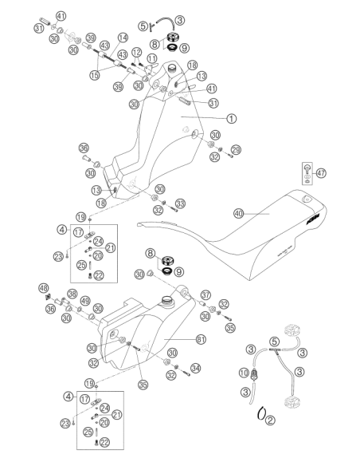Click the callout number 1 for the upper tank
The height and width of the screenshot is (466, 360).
point(231,119)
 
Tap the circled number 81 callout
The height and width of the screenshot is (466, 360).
point(201,339)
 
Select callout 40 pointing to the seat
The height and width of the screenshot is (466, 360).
point(239,213)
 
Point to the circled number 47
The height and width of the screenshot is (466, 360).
point(321,172)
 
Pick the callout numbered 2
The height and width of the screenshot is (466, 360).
point(270,420)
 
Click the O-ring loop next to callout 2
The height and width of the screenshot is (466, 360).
point(261,413)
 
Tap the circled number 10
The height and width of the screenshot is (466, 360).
point(244,373)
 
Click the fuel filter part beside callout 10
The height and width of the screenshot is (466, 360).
point(254,374)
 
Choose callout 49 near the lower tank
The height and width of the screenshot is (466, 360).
point(85,301)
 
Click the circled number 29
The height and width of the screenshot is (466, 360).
point(236,150)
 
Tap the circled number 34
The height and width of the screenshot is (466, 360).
point(195,368)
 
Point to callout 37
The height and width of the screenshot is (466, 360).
point(205,294)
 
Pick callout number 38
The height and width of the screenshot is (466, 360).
point(72,294)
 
